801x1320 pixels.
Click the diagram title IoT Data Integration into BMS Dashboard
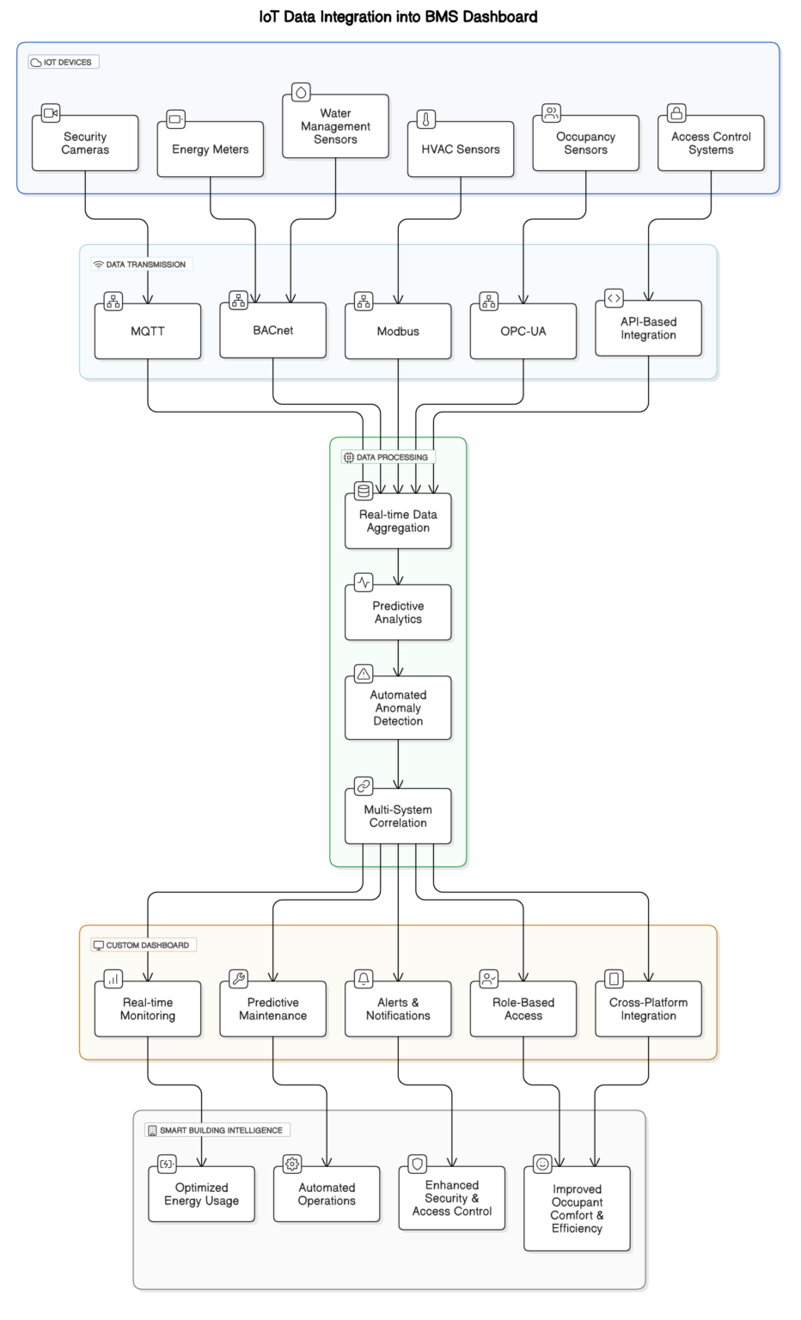[398, 16]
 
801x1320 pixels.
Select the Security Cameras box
[85, 144]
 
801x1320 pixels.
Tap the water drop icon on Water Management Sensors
[301, 92]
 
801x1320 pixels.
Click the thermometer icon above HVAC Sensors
[426, 119]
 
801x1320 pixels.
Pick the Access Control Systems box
[711, 144]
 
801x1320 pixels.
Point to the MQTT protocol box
[148, 332]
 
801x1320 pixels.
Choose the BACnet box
[273, 331]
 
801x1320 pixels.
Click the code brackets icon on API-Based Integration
[614, 298]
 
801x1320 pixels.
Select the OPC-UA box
[523, 332]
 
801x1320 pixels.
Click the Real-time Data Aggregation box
[398, 522]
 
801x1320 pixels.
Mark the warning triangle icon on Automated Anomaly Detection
[364, 674]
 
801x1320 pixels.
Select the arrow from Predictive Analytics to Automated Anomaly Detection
[398, 658]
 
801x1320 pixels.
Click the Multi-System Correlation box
[398, 816]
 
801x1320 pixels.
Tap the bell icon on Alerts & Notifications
[364, 979]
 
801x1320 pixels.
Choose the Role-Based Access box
[523, 1010]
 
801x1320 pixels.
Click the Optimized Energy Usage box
[202, 1195]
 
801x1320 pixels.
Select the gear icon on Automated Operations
[292, 1164]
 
